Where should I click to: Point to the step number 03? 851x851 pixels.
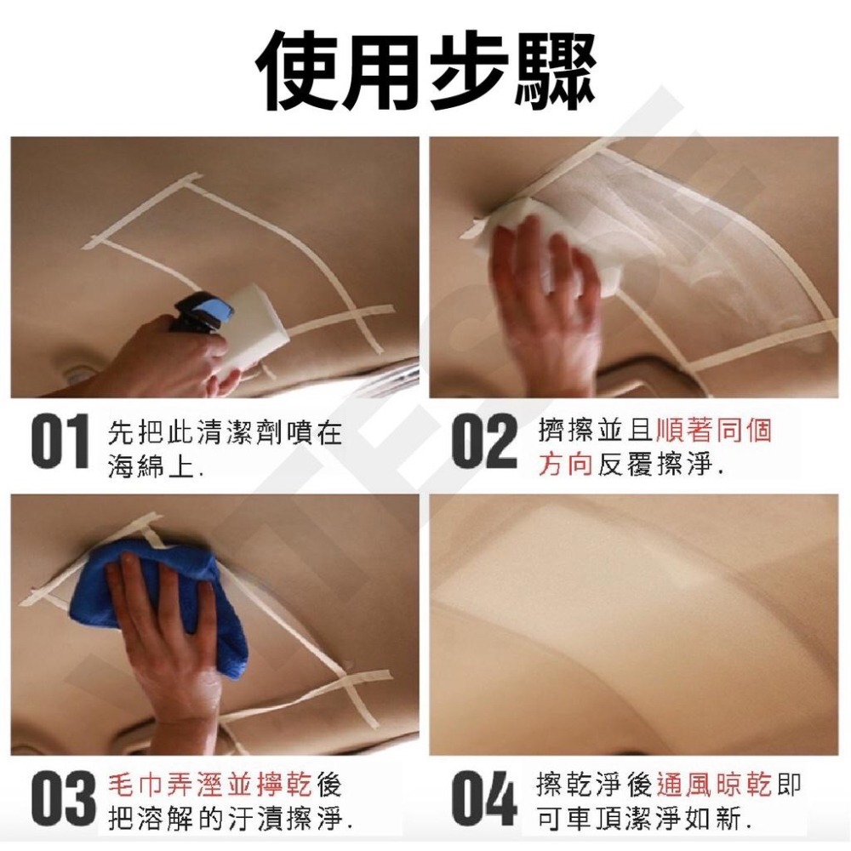click(61, 799)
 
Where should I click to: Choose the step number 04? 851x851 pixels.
click(484, 799)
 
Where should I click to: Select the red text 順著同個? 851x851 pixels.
click(714, 431)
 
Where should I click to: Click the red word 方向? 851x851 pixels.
click(565, 465)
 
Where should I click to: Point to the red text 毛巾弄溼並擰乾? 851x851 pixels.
click(210, 785)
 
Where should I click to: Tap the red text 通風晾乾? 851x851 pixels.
click(714, 785)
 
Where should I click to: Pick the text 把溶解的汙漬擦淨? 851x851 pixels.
click(226, 818)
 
